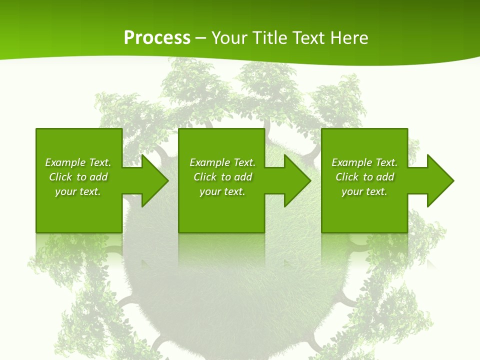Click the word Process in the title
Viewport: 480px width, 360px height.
(x=157, y=38)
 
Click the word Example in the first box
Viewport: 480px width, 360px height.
(x=65, y=162)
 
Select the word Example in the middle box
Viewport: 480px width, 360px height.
(x=210, y=162)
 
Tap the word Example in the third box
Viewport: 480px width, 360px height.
(x=352, y=162)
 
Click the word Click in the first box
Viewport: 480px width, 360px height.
(x=60, y=177)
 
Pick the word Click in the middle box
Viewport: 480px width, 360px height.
(x=205, y=177)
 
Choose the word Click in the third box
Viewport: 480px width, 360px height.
(x=347, y=177)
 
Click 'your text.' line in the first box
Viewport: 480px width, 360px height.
(x=78, y=191)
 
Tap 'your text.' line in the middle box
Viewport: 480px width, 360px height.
(x=222, y=191)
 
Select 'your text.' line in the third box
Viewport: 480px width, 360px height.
(x=364, y=191)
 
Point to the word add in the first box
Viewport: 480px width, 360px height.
(x=98, y=177)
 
